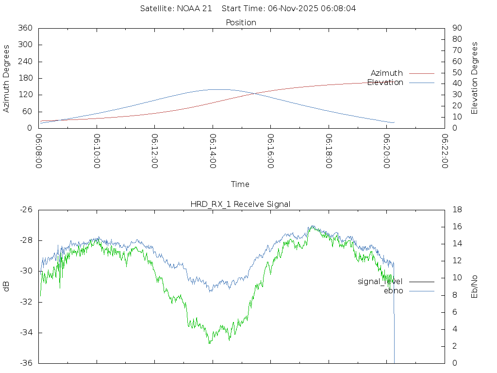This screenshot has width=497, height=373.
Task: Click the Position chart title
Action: coord(241,22)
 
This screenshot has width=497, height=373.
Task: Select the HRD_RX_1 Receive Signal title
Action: coord(240,204)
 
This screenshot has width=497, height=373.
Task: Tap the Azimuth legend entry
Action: coord(387,73)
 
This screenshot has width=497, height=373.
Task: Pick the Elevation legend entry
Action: coord(385,83)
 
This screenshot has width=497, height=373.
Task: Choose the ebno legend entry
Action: coord(393,291)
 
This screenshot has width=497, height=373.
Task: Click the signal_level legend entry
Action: coord(380,282)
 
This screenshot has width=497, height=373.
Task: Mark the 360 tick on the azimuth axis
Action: coord(25,28)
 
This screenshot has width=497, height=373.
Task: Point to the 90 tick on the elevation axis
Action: coord(456,28)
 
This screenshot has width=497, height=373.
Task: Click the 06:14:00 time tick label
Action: coord(213,152)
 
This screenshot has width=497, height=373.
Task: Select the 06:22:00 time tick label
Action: coord(445,152)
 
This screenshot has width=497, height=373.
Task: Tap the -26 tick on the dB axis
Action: coord(26,210)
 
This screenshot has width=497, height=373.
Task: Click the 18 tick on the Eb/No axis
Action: coord(456,210)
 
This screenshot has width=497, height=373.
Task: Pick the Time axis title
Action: coord(240,184)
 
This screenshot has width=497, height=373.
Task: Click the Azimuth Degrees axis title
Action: coord(6,78)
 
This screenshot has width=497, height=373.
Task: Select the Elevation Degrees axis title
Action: coord(475,78)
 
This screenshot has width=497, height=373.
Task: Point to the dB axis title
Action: coord(6,286)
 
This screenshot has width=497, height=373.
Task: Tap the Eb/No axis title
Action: coord(475,286)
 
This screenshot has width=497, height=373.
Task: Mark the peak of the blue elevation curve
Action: coord(218,89)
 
